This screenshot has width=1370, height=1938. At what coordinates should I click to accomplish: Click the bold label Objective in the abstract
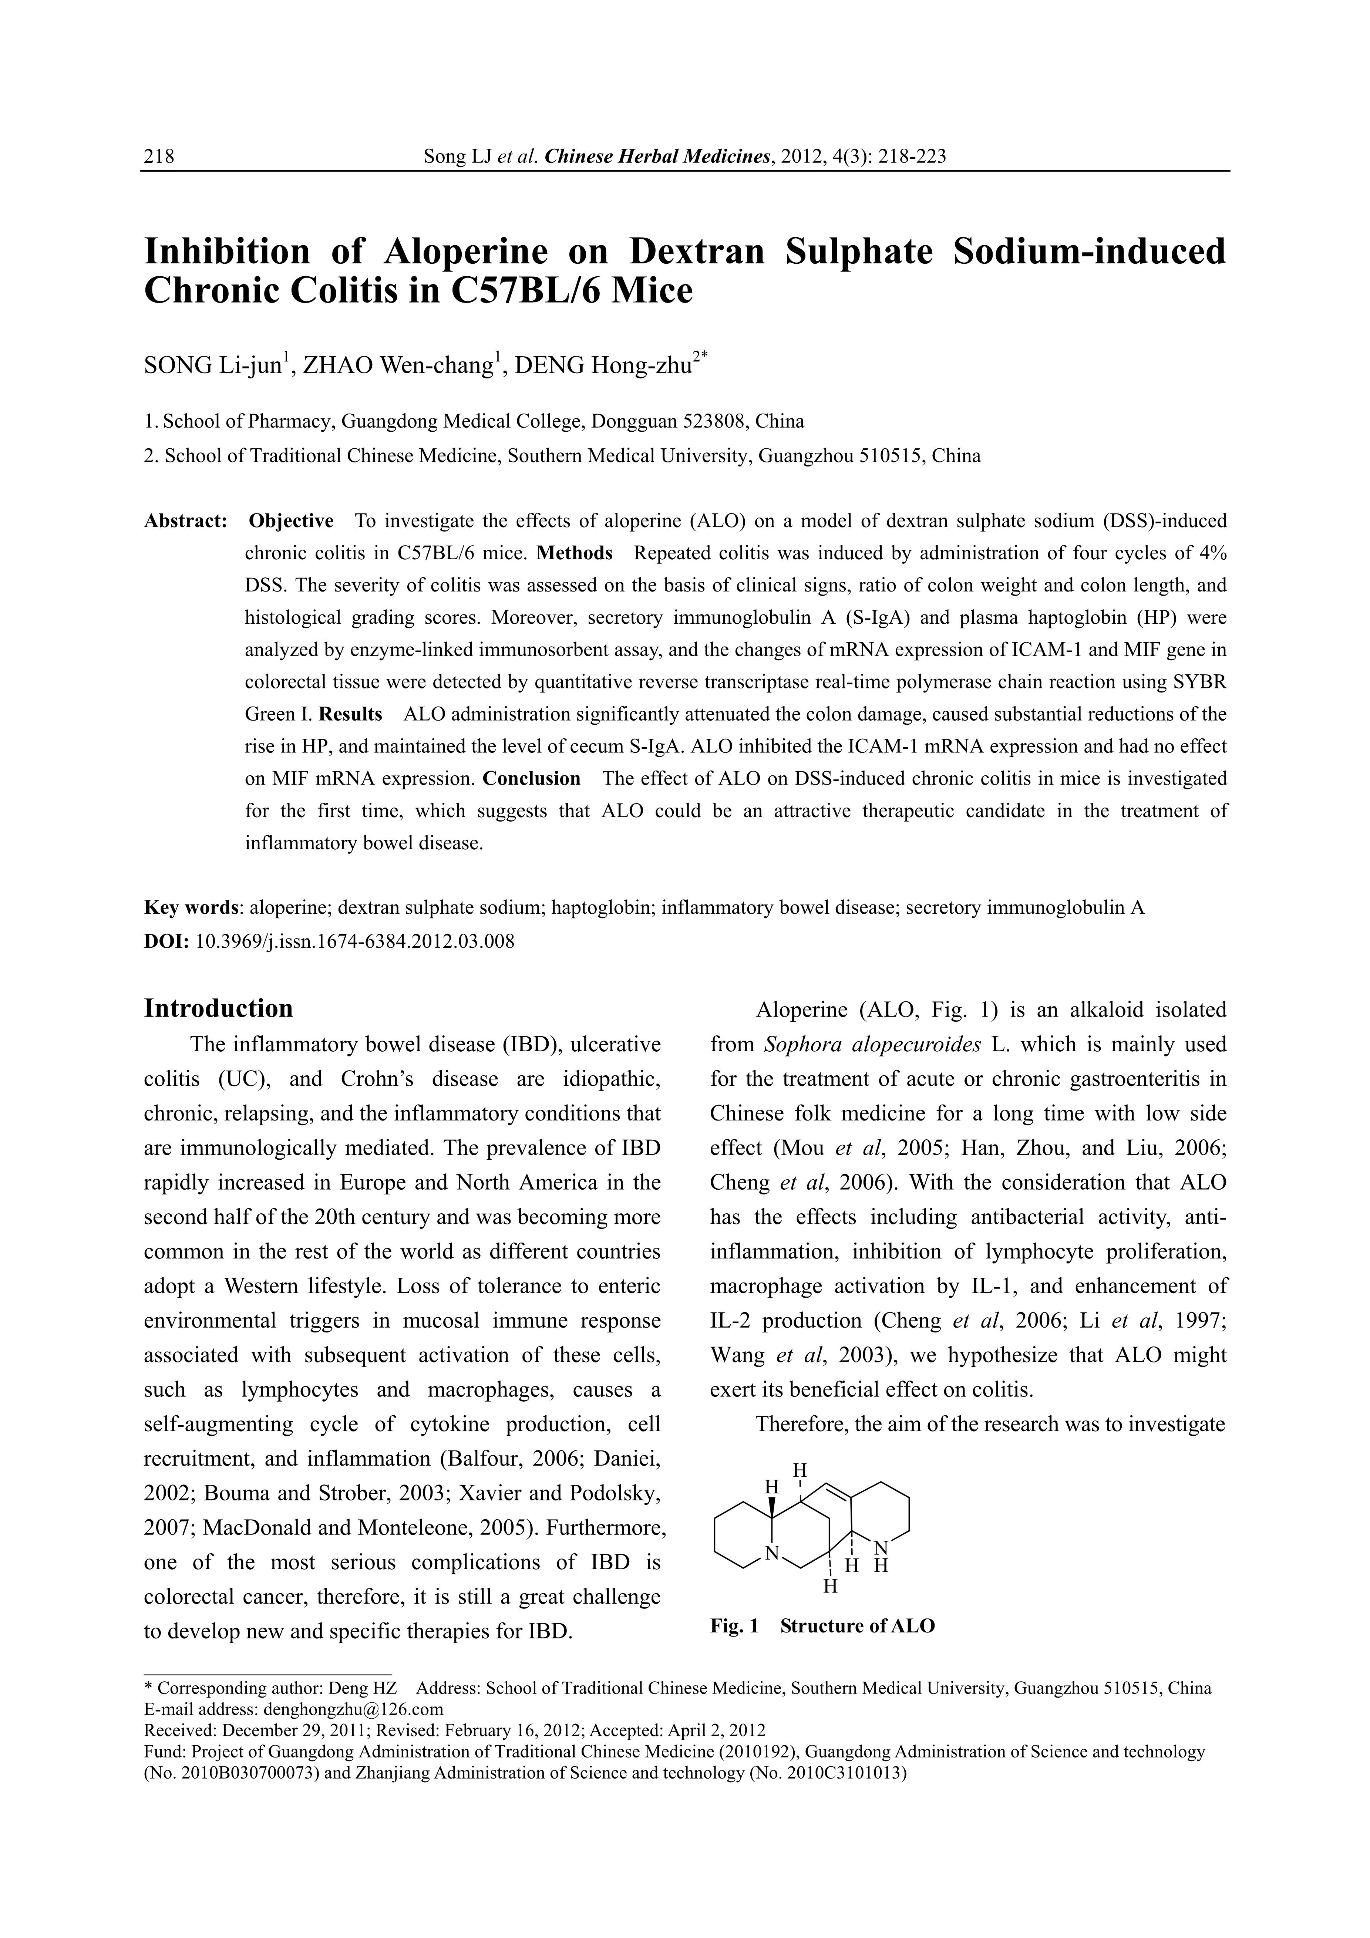[291, 521]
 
